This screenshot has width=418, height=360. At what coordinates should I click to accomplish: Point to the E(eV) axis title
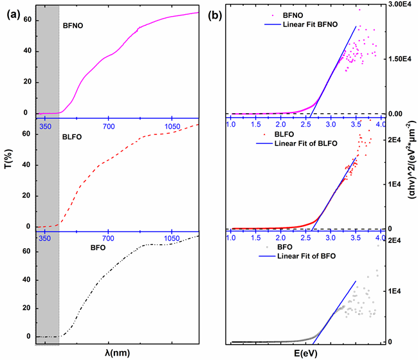pyautogui.click(x=305, y=353)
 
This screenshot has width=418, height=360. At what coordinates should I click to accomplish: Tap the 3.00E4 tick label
pyautogui.click(x=403, y=4)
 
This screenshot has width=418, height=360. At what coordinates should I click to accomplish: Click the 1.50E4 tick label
pyautogui.click(x=403, y=59)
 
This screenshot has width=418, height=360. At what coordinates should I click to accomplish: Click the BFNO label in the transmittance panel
pyautogui.click(x=75, y=27)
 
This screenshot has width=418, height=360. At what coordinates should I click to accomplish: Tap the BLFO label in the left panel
pyautogui.click(x=75, y=137)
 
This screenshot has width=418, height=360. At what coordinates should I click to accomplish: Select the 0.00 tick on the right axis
pyautogui.click(x=401, y=114)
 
